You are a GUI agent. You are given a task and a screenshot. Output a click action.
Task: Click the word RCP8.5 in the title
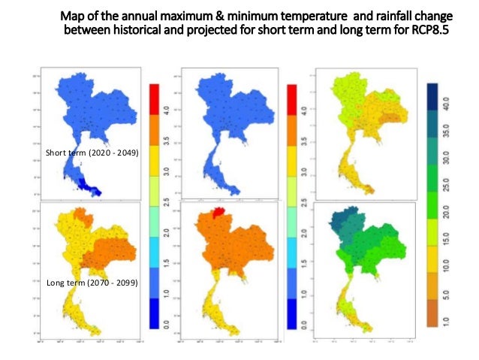coord(438,31)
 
